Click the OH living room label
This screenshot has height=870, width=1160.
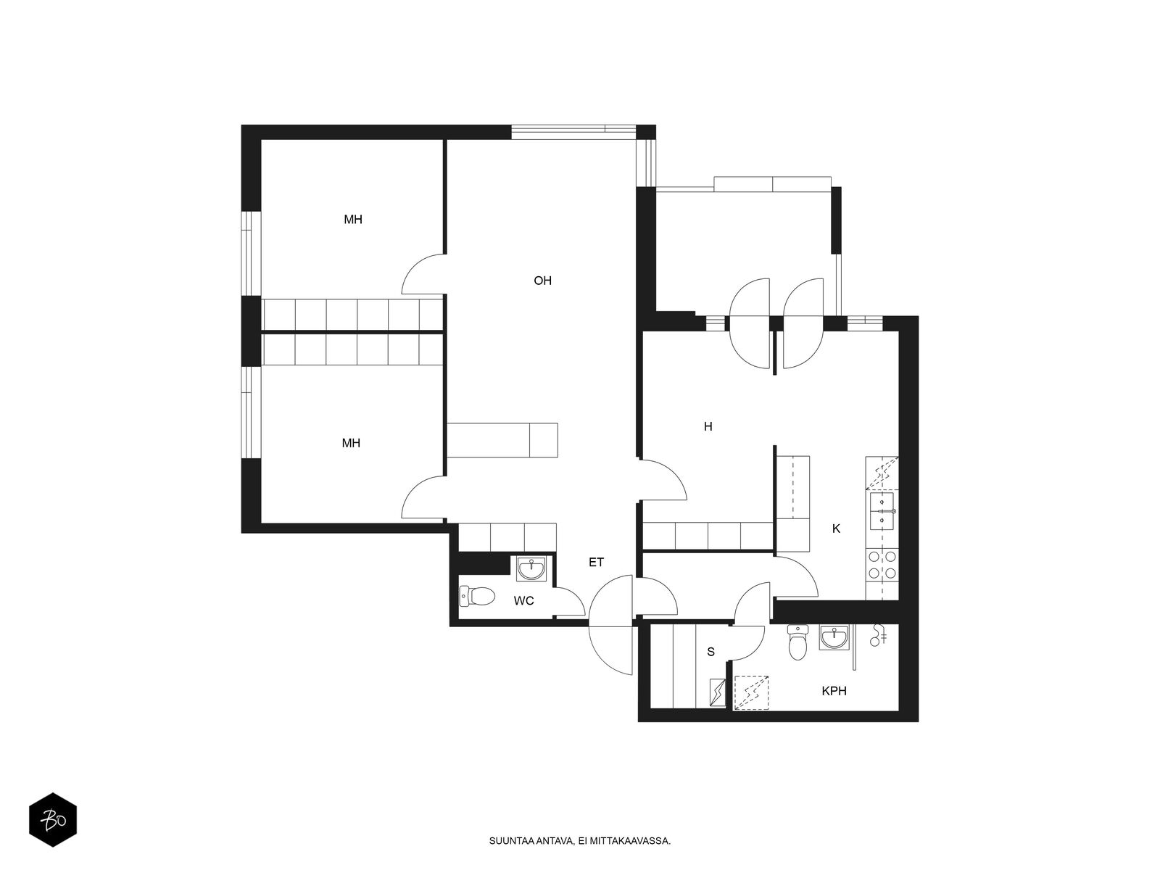(x=542, y=281)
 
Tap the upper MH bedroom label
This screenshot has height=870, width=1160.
(x=353, y=219)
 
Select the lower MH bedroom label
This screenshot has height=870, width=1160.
(x=351, y=443)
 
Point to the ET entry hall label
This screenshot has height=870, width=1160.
(x=596, y=562)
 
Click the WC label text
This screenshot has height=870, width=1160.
(x=523, y=600)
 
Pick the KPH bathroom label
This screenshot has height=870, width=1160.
(x=834, y=690)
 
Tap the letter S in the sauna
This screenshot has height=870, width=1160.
(x=710, y=652)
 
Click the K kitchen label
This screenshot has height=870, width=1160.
(x=836, y=529)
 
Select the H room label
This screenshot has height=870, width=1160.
(x=708, y=426)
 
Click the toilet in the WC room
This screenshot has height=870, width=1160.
(x=476, y=597)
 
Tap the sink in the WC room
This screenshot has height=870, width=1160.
(x=532, y=569)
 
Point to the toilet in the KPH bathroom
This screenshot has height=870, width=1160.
(x=797, y=642)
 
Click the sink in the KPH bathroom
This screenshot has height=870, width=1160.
(x=834, y=637)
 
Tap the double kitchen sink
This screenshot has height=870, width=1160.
(x=882, y=511)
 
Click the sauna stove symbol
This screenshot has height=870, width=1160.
(x=717, y=692)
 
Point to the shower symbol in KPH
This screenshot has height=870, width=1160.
(x=877, y=635)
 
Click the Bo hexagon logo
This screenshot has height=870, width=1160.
(x=53, y=820)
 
